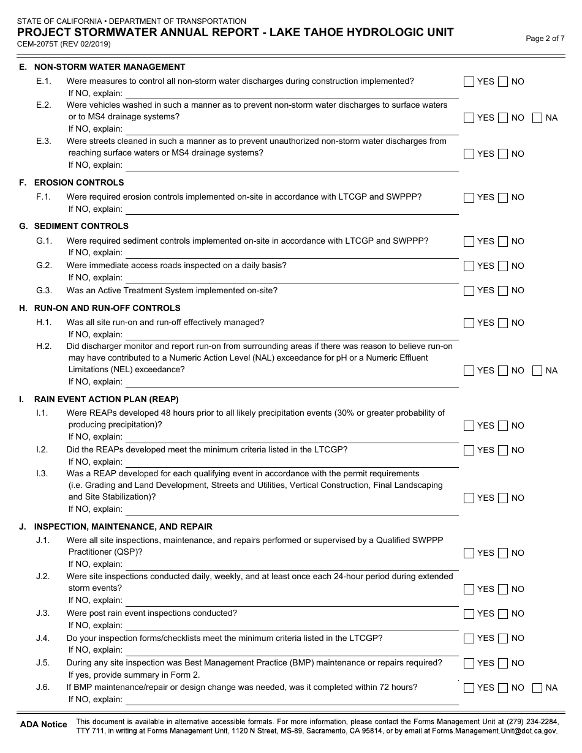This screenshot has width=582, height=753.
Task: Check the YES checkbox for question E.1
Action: click(469, 82)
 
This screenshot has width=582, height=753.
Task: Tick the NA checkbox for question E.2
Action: click(537, 118)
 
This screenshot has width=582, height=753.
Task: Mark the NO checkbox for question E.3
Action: click(503, 154)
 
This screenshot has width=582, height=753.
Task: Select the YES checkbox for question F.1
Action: click(469, 198)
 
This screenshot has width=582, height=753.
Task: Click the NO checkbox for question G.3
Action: click(503, 291)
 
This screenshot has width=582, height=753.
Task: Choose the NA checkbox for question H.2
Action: click(537, 370)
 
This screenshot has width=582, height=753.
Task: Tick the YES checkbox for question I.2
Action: click(469, 451)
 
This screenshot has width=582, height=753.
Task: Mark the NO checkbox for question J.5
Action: click(503, 663)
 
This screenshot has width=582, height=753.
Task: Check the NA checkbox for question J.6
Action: click(537, 688)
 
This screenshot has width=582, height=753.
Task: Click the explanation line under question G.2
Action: click(292, 278)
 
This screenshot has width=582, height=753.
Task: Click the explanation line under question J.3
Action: click(292, 625)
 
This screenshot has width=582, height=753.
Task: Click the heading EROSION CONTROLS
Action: click(79, 182)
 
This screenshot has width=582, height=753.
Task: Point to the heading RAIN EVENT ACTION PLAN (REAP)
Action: click(107, 399)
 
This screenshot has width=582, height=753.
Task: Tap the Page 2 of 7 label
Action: click(545, 39)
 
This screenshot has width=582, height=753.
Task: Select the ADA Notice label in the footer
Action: click(43, 725)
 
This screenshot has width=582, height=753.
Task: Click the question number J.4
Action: click(43, 638)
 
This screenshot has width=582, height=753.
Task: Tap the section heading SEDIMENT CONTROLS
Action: click(81, 226)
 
